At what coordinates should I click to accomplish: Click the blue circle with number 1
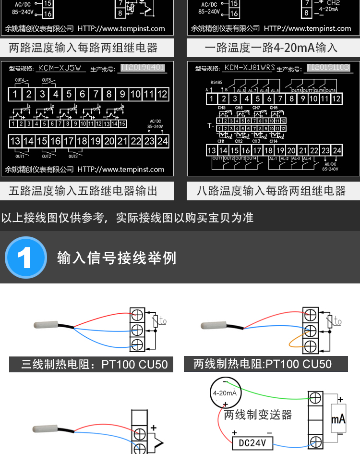click(25, 258)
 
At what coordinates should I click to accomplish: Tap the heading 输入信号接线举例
click(117, 258)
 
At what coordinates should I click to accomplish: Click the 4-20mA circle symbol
click(225, 393)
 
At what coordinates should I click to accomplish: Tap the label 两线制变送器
click(258, 415)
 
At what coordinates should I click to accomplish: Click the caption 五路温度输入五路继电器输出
click(83, 191)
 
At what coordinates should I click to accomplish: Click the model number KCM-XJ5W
click(60, 68)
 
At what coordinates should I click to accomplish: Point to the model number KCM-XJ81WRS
click(249, 68)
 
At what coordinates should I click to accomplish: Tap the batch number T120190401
click(143, 68)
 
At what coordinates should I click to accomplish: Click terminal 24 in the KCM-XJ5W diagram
click(163, 141)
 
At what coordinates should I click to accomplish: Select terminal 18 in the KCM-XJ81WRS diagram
click(269, 150)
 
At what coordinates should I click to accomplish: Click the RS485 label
click(216, 82)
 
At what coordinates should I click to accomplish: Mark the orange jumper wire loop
click(294, 342)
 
